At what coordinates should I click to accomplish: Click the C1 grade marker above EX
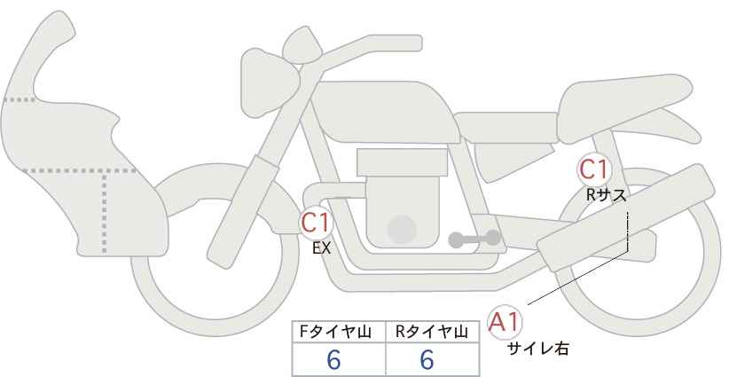316,223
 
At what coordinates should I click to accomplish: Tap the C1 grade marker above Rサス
593,169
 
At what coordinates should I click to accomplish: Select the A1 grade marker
505,322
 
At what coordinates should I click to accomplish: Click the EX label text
321,248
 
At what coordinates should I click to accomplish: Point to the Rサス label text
606,195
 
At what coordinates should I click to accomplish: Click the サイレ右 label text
538,349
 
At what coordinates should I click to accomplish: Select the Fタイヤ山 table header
335,332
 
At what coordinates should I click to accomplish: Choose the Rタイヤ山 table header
431,332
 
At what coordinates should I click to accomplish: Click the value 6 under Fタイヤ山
333,359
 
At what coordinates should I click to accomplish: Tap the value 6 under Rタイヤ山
427,359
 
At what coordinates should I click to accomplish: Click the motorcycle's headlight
268,83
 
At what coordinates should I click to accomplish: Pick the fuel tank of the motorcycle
386,112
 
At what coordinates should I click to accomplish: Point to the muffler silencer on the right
626,217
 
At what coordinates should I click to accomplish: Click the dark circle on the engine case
402,229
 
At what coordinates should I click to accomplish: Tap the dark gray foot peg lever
474,239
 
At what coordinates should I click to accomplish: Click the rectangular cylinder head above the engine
402,162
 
